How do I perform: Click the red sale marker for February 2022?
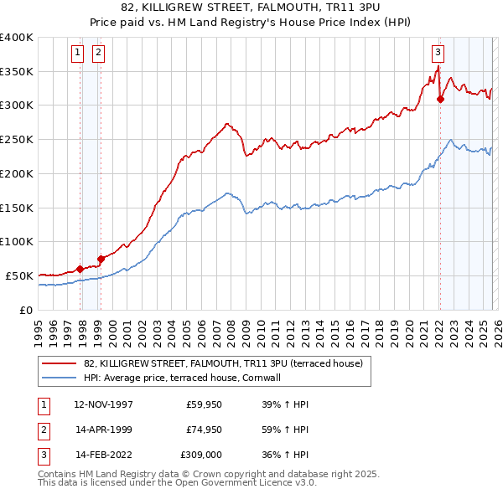pyautogui.click(x=440, y=99)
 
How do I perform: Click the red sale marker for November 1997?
pyautogui.click(x=80, y=269)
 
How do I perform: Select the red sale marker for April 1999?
pyautogui.click(x=101, y=259)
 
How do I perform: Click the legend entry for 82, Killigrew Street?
pyautogui.click(x=223, y=363)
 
